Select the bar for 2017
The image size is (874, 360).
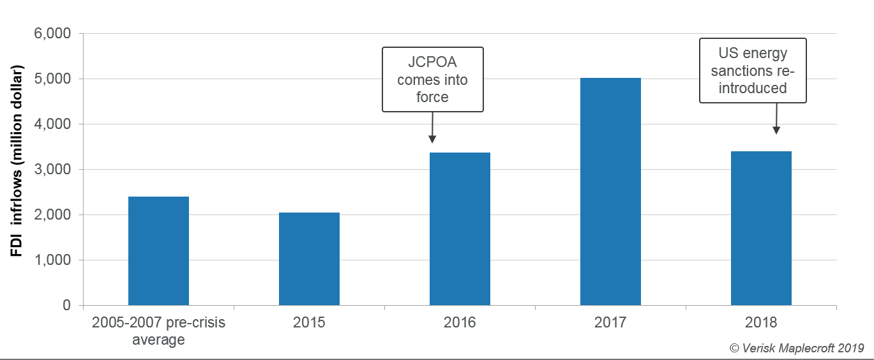point(610,191)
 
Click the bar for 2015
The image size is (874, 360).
point(309,259)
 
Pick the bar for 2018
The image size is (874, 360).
point(761,228)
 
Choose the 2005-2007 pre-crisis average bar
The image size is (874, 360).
point(158,251)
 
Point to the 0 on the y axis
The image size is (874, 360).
point(66,306)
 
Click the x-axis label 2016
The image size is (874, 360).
point(460,322)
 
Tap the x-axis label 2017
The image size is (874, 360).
point(610,322)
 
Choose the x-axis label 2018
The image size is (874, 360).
point(761,322)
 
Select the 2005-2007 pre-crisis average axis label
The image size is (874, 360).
point(158,331)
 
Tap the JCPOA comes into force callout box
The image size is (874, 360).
point(433,80)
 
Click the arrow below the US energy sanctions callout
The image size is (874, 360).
point(776,119)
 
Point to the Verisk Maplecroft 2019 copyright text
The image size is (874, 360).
point(796,348)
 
